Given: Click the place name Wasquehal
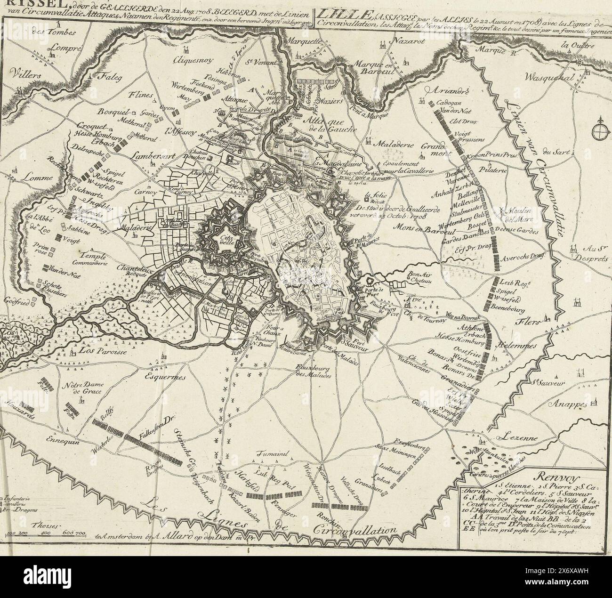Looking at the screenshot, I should (x=549, y=78).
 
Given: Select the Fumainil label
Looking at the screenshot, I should (x=272, y=454).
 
